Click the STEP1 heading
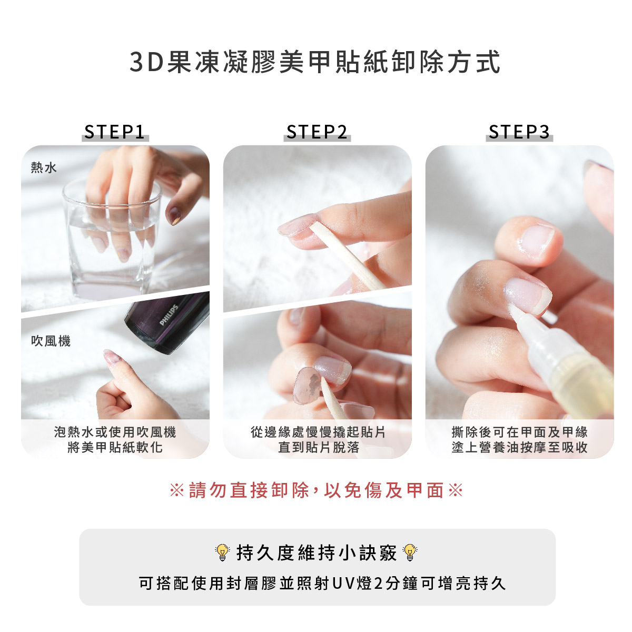tap(115, 132)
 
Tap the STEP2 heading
tap(317, 132)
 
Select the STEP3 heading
tap(519, 132)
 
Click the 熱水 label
tap(44, 167)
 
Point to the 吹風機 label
tap(51, 341)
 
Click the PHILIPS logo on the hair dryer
tap(169, 315)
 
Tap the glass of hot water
tap(112, 240)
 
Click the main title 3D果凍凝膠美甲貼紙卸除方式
tap(315, 62)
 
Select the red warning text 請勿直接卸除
tap(249, 491)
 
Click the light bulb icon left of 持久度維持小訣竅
tap(222, 553)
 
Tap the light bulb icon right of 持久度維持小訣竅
tap(410, 553)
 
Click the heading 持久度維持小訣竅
tap(317, 553)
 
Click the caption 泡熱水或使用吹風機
tap(115, 432)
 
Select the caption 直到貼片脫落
tap(319, 447)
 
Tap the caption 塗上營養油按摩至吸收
tap(519, 447)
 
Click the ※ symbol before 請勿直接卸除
tap(177, 491)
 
